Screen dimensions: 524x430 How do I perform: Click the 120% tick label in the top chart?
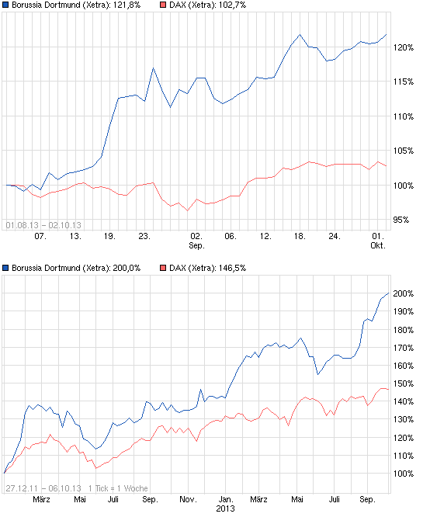pos(404,47)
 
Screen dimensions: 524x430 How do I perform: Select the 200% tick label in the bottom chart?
pos(404,293)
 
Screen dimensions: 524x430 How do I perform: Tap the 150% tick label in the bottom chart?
pos(404,383)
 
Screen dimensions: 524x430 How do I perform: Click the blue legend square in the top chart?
pos(5,5)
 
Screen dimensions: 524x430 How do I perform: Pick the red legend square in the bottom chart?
pos(163,268)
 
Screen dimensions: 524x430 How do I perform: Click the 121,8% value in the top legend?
pos(123,5)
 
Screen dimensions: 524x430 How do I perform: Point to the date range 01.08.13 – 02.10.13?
pos(43,225)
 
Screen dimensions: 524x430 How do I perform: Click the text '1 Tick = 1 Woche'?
pos(119,488)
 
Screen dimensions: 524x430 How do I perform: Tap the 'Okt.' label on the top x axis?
pos(378,245)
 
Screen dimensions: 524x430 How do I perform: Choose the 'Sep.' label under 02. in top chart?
pos(196,245)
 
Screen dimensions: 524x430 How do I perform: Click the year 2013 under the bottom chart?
pos(224,509)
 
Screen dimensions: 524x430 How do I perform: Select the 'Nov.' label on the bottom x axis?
pos(188,499)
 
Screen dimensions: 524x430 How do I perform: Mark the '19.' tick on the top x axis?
pos(109,235)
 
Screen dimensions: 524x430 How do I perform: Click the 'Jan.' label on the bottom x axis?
pos(224,499)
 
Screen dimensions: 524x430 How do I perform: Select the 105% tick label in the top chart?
pos(404,151)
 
